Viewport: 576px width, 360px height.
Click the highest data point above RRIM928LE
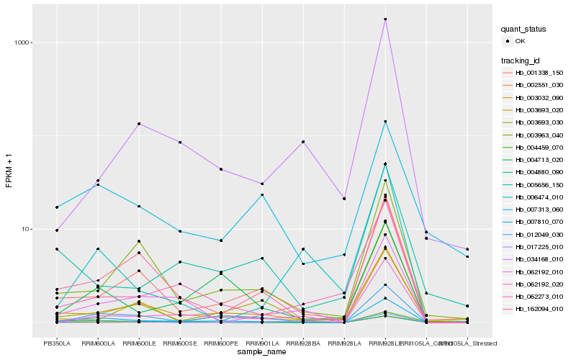coord(386,19)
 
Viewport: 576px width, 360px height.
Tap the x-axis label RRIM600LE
coord(138,344)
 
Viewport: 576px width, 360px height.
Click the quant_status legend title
coord(525,30)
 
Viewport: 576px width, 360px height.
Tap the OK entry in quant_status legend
coord(520,41)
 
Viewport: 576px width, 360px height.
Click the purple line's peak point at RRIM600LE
coord(138,124)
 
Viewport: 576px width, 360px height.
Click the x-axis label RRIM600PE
coord(221,344)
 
